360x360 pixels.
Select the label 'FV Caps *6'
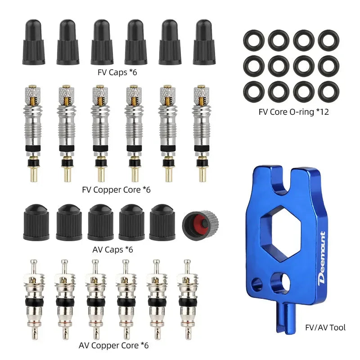(117, 72)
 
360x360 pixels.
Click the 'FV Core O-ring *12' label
(293, 111)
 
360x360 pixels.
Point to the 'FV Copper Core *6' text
(116, 189)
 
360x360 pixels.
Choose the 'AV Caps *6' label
(116, 249)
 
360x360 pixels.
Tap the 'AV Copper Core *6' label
(113, 346)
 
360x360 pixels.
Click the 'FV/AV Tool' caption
(324, 327)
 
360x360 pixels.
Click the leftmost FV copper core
(34, 130)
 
